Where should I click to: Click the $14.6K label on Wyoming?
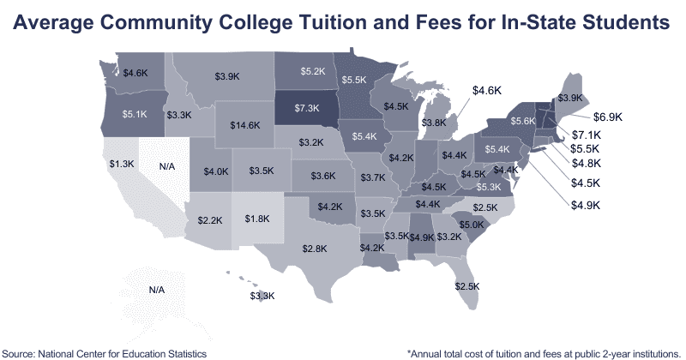pyautogui.click(x=245, y=125)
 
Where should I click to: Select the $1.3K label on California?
pyautogui.click(x=119, y=164)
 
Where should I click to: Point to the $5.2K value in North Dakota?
pyautogui.click(x=312, y=69)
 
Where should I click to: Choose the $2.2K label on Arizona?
pyautogui.click(x=210, y=220)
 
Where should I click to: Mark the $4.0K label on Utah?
pyautogui.click(x=216, y=171)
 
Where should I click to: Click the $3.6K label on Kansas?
pyautogui.click(x=323, y=176)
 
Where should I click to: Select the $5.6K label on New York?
pyautogui.click(x=523, y=121)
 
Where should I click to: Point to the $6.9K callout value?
pyautogui.click(x=607, y=116)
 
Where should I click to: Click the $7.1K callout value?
pyautogui.click(x=588, y=135)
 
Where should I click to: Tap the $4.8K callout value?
pyautogui.click(x=587, y=163)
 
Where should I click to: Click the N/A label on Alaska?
pyautogui.click(x=156, y=290)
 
